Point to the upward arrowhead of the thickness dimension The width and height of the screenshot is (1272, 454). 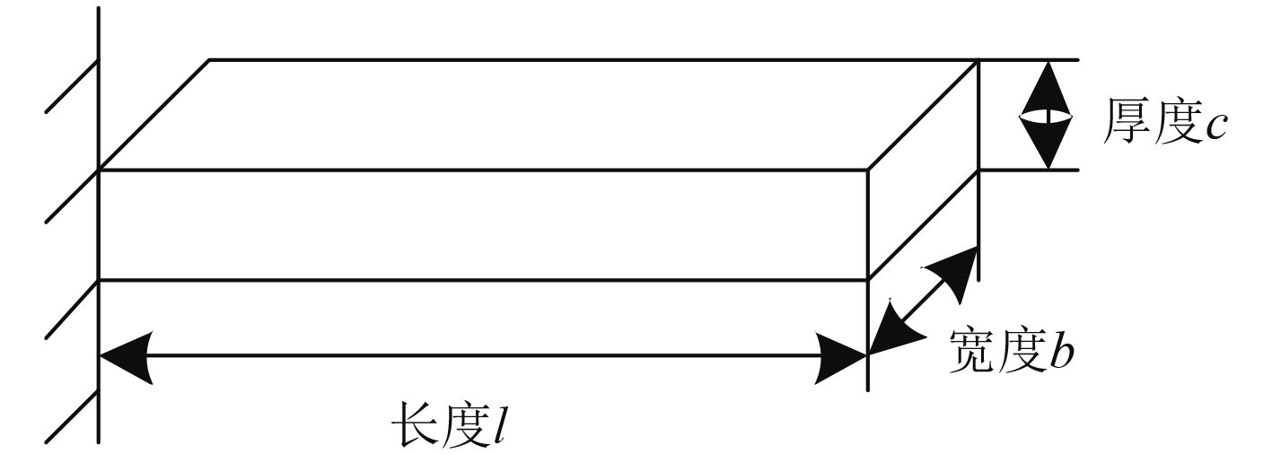1047,85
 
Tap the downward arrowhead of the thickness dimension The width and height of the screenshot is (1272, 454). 1047,145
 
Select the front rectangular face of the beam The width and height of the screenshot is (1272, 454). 483,224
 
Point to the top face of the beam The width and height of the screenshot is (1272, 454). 539,114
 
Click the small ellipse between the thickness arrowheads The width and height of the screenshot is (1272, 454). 1047,116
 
